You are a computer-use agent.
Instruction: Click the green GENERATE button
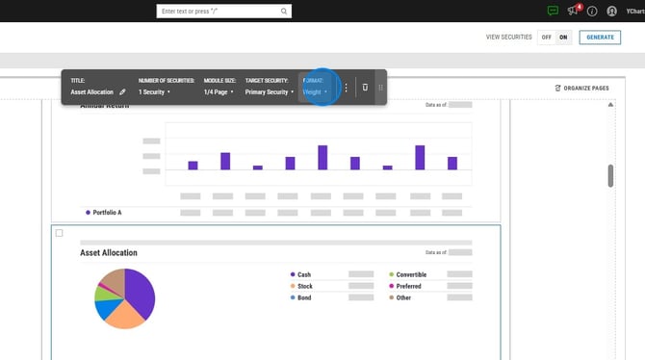tap(600, 37)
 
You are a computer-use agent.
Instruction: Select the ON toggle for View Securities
tap(563, 37)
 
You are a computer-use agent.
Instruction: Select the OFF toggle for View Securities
tap(546, 37)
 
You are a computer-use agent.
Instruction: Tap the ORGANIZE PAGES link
tap(582, 88)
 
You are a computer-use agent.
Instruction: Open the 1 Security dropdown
tap(154, 92)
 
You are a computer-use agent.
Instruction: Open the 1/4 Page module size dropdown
tap(217, 92)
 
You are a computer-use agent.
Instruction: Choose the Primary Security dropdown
tap(270, 92)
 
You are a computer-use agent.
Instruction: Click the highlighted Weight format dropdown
tap(316, 92)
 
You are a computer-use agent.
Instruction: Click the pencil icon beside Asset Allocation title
tap(122, 92)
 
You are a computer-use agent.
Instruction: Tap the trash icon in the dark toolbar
tap(365, 88)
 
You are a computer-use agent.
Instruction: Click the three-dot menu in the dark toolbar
tap(347, 88)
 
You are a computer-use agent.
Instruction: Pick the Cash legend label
tap(304, 274)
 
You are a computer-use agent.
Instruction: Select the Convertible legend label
tap(410, 274)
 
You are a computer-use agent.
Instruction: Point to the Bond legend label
tap(305, 297)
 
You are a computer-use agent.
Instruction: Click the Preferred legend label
tap(409, 286)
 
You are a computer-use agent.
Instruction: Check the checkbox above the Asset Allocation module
tap(60, 233)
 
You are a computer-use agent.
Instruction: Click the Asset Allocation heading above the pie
tap(109, 253)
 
